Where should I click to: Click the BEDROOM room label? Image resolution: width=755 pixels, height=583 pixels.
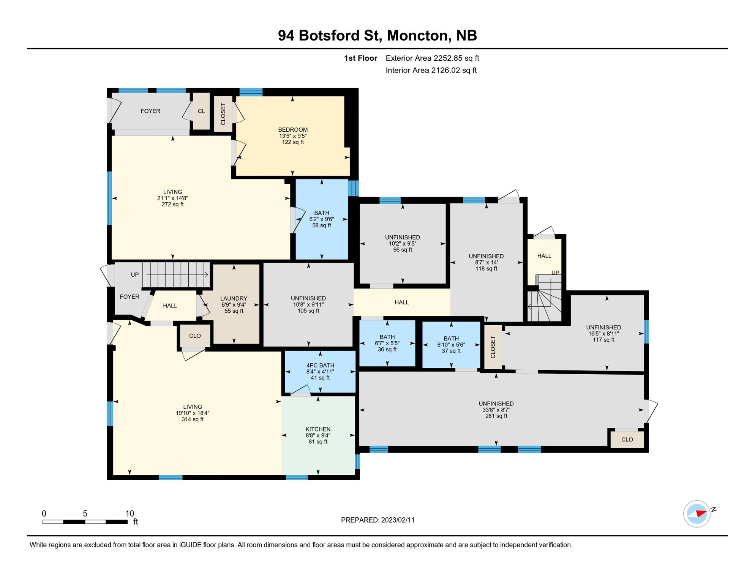293,130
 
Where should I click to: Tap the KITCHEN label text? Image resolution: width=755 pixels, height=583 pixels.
318,429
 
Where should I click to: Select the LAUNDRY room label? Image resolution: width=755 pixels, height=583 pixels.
234,299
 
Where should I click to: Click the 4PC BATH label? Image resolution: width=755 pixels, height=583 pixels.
320,366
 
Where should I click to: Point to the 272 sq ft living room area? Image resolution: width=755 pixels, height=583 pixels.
172,205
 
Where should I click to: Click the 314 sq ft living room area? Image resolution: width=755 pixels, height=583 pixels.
193,419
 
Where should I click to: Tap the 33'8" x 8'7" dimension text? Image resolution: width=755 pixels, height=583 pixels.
496,410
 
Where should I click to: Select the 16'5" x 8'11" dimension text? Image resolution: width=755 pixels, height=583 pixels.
603,334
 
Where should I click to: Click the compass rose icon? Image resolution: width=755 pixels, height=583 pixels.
697,514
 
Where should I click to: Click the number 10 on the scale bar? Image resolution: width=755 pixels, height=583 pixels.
130,514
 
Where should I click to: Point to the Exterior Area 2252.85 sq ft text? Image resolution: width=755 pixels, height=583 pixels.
432,58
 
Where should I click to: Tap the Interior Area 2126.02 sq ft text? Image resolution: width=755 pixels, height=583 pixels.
431,70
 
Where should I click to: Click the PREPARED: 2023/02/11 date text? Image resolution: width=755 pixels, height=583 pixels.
377,520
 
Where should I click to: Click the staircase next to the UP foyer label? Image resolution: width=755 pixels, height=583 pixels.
176,274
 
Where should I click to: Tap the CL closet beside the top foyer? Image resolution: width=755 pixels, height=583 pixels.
201,111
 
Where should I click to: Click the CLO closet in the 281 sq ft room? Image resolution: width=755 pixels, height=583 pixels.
627,440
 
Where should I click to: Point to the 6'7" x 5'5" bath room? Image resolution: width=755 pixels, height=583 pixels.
387,343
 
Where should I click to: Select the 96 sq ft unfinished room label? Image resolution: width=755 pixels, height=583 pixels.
403,250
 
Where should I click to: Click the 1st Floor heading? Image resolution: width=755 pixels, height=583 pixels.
360,58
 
